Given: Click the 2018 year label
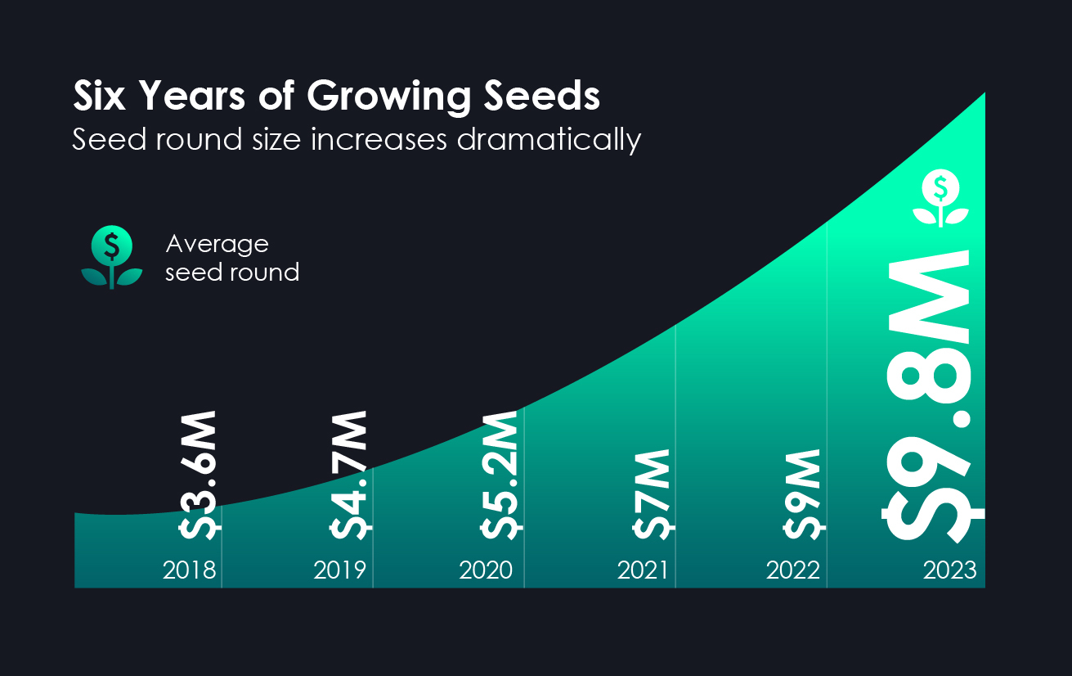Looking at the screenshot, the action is click(x=190, y=570).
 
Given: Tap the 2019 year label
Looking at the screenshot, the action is click(x=340, y=570).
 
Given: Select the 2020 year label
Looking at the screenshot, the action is click(x=486, y=570).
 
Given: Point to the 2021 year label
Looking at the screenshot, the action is click(x=643, y=570).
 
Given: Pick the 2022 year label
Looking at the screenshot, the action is click(x=793, y=570).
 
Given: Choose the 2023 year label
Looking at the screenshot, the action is click(x=950, y=570).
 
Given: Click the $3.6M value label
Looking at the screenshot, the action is click(x=199, y=475).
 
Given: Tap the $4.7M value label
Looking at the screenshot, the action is click(x=350, y=475).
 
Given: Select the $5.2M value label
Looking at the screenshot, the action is click(x=501, y=475).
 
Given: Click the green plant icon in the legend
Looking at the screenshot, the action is click(x=112, y=257).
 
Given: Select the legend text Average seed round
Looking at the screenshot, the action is click(x=232, y=259).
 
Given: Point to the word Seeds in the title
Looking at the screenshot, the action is click(x=542, y=96).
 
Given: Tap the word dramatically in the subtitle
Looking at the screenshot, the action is click(x=549, y=140).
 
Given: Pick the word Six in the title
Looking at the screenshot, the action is click(x=99, y=96).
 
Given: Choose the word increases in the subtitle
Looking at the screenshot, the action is click(x=379, y=140).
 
